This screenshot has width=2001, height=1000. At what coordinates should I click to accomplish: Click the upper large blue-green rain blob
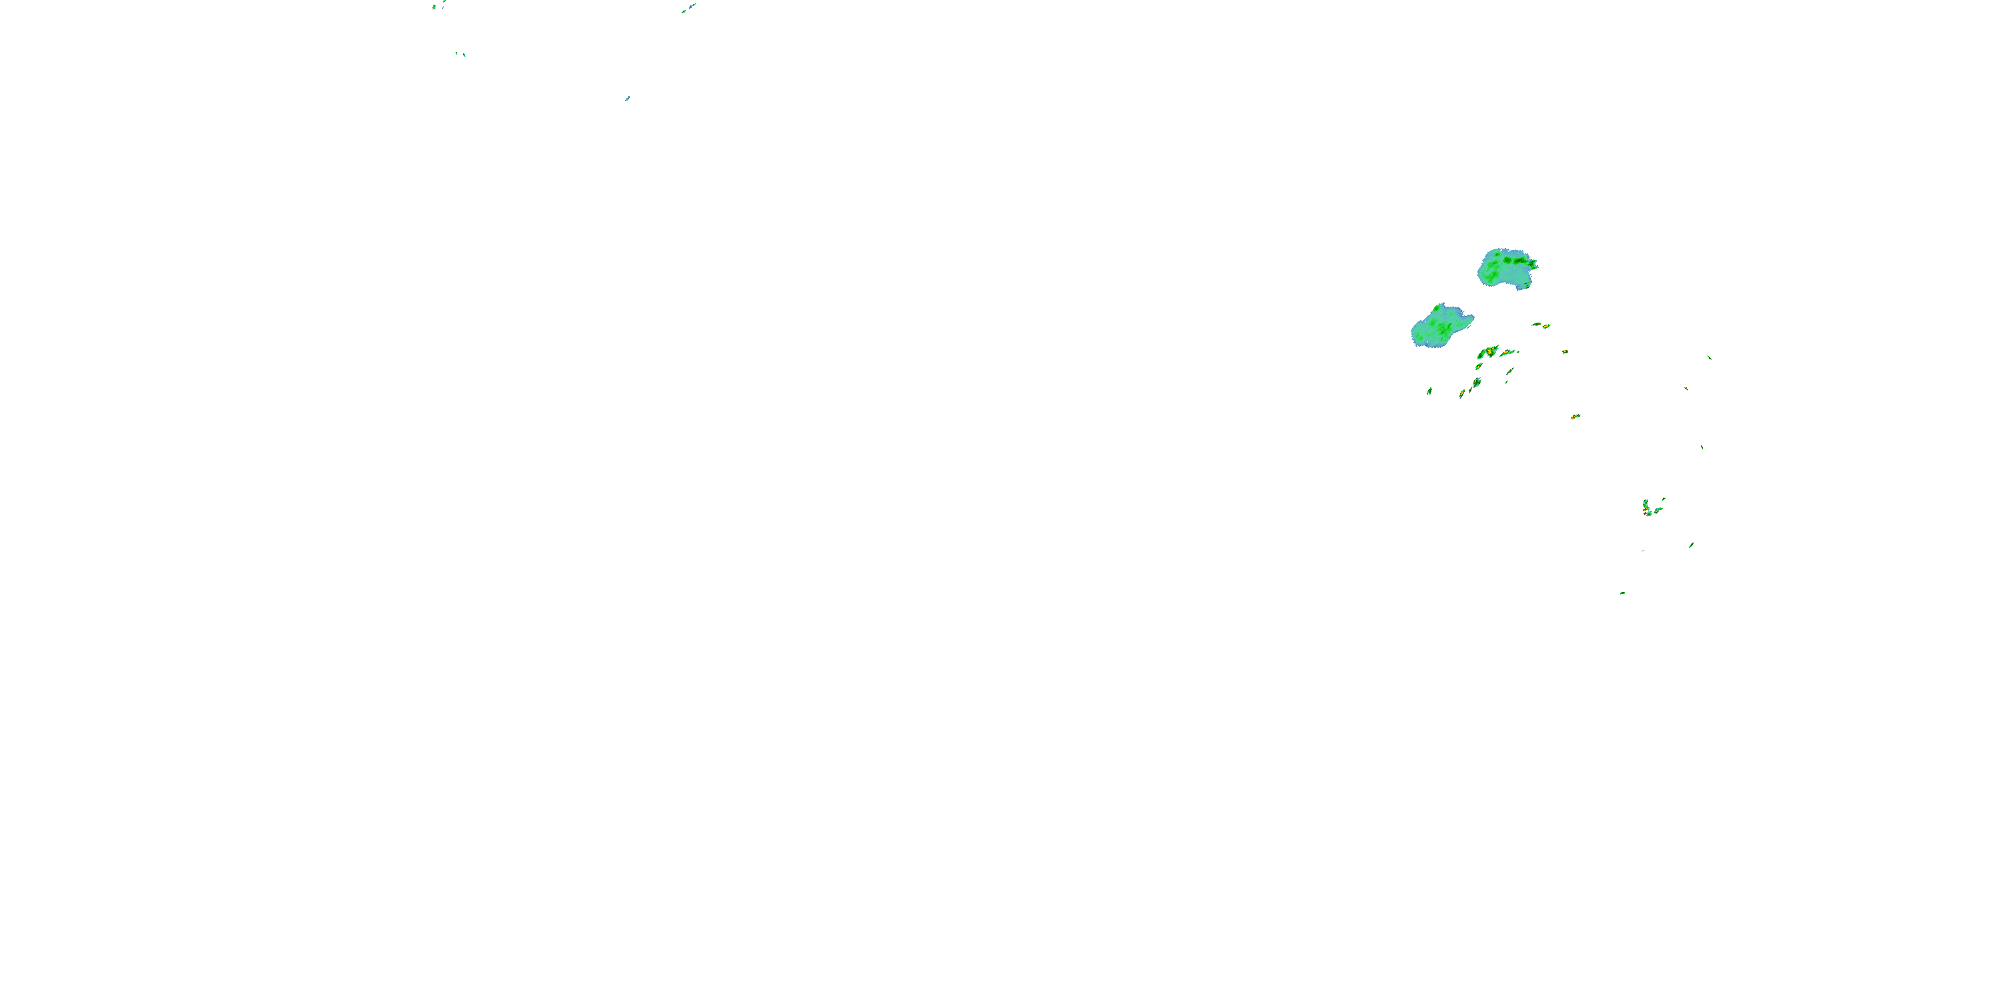(1507, 269)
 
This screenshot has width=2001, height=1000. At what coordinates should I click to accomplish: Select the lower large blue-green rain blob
(1441, 326)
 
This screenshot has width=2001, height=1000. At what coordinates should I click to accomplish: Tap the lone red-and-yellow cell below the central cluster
(1575, 417)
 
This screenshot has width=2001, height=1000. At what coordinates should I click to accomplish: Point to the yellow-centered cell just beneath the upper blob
(1546, 327)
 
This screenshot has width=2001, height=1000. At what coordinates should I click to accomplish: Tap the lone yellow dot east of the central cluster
(1565, 352)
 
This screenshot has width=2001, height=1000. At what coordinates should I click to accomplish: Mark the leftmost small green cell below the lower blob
(1429, 391)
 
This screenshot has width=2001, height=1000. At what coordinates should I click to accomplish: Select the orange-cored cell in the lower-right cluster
(1646, 508)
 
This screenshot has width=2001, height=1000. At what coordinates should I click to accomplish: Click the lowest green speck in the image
(1622, 593)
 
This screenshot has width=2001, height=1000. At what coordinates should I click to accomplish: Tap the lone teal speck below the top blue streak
(627, 99)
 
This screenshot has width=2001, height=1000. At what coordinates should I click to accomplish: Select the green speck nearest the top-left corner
(434, 6)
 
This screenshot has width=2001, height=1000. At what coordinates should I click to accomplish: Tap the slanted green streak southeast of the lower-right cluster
(1691, 545)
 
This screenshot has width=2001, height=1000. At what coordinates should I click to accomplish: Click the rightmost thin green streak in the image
(1709, 357)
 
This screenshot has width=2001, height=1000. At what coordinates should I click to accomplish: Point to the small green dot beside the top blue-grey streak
(683, 11)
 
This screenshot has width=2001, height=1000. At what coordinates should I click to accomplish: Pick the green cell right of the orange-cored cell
(1658, 510)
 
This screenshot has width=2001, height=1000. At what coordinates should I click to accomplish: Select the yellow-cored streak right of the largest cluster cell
(1507, 353)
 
